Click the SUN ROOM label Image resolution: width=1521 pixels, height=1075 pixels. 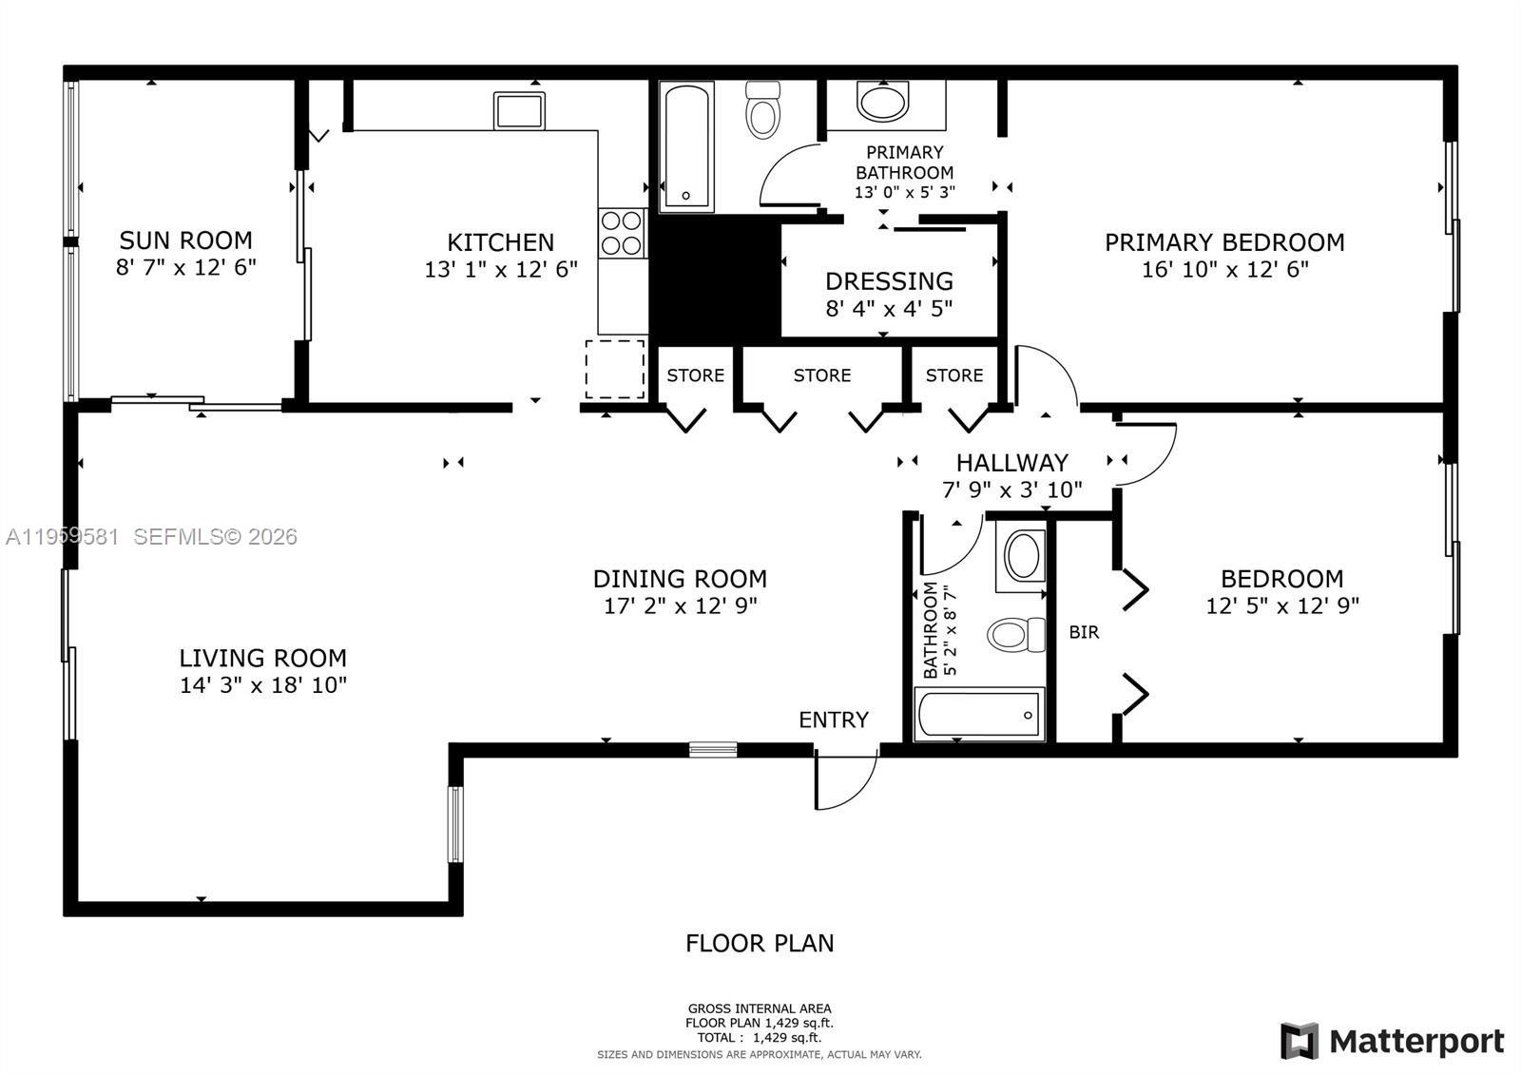[x=185, y=240]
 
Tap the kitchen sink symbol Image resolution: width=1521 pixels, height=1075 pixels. [x=518, y=110]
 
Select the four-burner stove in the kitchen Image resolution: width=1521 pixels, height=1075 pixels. [x=621, y=233]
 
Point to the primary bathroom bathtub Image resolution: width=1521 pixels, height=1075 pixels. [x=685, y=147]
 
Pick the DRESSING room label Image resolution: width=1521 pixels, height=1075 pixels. [x=889, y=281]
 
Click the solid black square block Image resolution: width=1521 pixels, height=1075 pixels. [x=715, y=278]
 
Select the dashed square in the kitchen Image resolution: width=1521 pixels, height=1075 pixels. [x=614, y=369]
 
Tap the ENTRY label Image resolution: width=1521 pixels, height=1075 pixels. [x=833, y=720]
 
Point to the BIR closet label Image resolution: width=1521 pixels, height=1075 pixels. [x=1084, y=632]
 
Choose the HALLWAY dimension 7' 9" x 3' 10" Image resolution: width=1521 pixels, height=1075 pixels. [x=1011, y=490]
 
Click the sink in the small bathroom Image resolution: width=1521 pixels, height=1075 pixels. [x=1023, y=557]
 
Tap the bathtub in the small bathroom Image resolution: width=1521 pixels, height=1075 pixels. [x=979, y=715]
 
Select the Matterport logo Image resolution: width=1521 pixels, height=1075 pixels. [x=1393, y=1041]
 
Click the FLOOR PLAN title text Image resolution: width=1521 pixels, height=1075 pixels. [x=760, y=943]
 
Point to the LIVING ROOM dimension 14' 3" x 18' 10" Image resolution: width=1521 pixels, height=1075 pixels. [x=263, y=684]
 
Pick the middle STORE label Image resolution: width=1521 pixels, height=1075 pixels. [x=821, y=375]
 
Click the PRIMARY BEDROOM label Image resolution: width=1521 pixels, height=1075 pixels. [x=1223, y=242]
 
